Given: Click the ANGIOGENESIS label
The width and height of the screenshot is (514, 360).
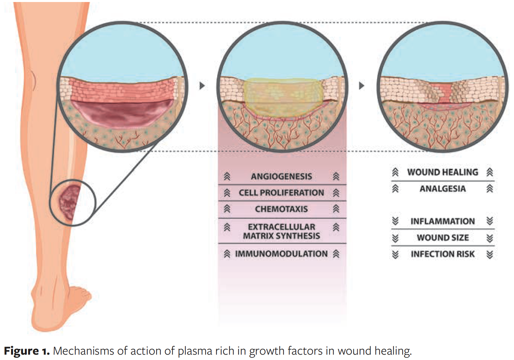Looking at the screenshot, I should (x=281, y=176).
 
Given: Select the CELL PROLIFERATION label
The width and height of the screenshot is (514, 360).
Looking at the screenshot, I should (x=281, y=193).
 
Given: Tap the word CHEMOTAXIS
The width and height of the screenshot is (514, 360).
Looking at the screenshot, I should (x=281, y=209).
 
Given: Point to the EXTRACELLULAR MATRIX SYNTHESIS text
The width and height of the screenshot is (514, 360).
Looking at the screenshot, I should (x=281, y=231).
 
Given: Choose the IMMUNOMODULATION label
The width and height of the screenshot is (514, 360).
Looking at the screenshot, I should (x=281, y=254).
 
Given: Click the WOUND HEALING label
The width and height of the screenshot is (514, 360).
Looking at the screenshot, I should (x=442, y=172).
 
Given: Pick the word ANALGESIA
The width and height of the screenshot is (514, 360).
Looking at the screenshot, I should (x=442, y=189).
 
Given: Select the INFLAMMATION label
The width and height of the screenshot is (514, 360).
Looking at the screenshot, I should (x=442, y=221).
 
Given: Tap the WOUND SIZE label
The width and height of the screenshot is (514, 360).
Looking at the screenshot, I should (x=442, y=238).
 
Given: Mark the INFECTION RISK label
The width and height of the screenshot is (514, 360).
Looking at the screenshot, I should (x=442, y=254).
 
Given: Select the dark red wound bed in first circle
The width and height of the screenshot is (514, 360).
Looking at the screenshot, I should (x=122, y=114).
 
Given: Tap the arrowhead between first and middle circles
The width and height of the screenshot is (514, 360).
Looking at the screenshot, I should (x=202, y=86).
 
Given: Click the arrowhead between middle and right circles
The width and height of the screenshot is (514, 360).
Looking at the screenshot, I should (x=361, y=86).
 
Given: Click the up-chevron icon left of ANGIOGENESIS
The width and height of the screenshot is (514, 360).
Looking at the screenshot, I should (x=227, y=176).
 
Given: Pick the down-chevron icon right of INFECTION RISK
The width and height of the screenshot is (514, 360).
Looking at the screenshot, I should (x=490, y=254).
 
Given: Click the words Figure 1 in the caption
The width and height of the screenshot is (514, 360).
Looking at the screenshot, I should (x=27, y=351).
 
